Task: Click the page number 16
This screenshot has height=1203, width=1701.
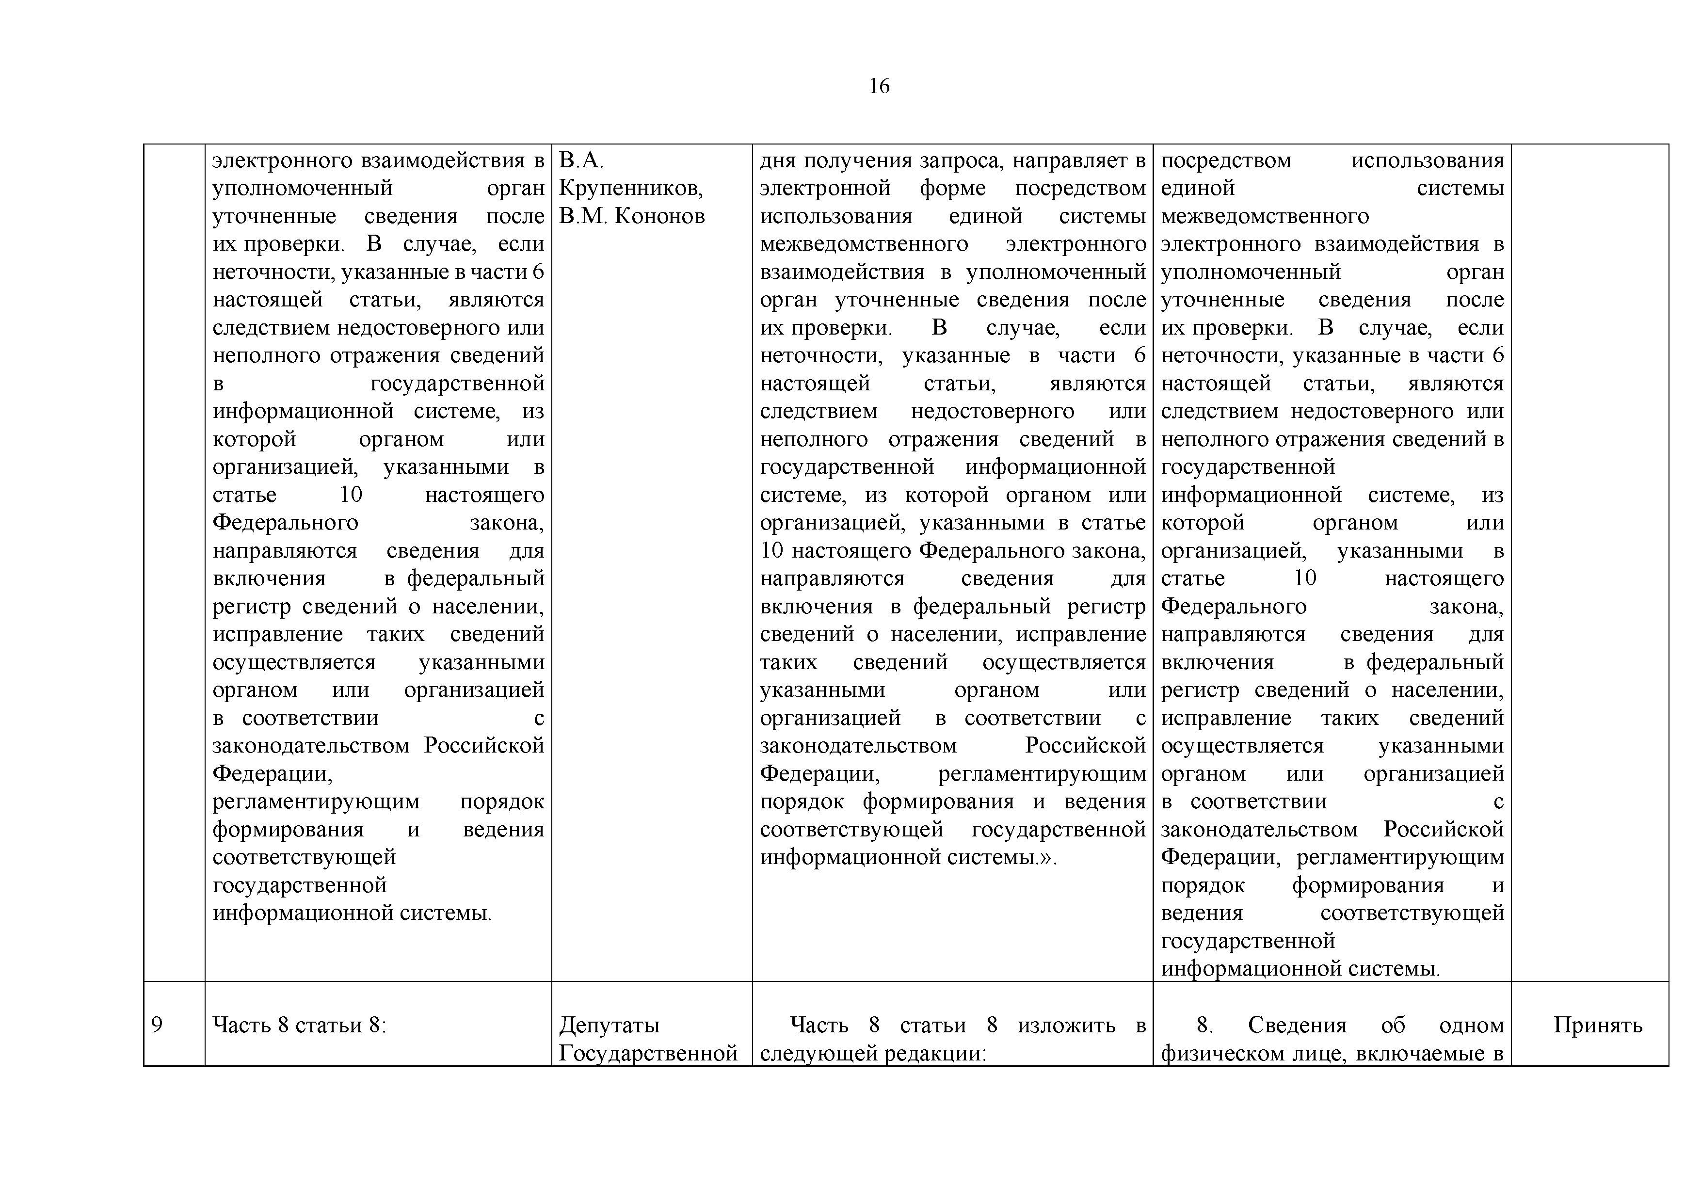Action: tap(879, 87)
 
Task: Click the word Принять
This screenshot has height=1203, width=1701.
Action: tap(1597, 1025)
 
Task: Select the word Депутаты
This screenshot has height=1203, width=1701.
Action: tap(609, 1025)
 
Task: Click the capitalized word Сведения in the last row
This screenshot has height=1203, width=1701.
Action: tap(1297, 1025)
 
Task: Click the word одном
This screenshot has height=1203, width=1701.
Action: tap(1471, 1025)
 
